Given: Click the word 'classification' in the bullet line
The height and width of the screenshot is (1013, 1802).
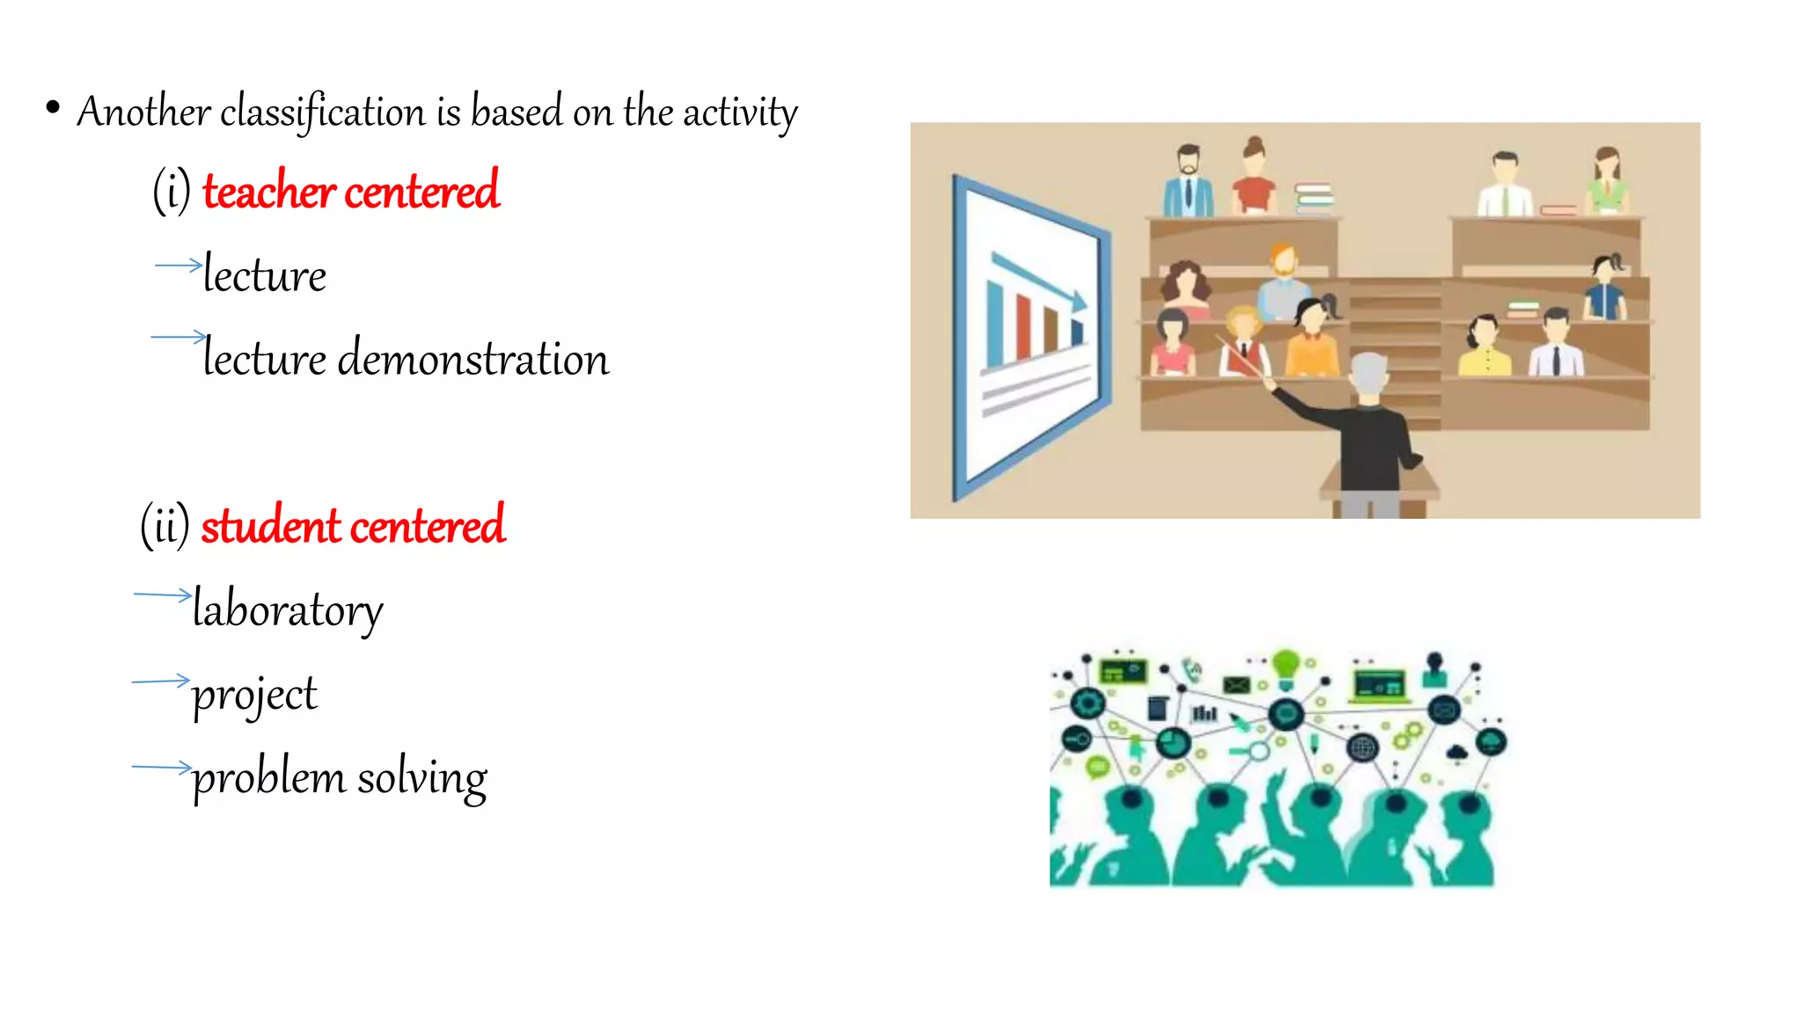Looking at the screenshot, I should tap(322, 113).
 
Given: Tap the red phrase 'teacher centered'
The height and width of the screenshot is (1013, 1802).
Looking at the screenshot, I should tap(350, 191).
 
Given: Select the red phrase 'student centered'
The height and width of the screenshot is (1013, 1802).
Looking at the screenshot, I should tap(352, 526).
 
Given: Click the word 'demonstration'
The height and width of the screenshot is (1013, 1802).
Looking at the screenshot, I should tap(472, 359).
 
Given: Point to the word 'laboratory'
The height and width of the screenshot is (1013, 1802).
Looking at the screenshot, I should tap(288, 609).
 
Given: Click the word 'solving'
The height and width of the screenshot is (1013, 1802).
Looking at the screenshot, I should tap(421, 778).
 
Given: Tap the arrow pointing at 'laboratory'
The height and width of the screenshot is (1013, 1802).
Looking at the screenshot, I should tap(163, 595).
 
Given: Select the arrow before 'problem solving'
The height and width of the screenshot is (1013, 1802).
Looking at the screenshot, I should tap(161, 767).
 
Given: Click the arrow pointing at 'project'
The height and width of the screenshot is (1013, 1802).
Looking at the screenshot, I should tap(161, 681).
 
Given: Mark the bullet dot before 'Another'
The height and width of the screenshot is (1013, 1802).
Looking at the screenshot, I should tap(53, 108).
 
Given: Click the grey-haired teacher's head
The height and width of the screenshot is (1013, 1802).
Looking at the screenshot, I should tap(1368, 374).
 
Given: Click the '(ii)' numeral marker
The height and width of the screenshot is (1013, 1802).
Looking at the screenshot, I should tap(165, 526).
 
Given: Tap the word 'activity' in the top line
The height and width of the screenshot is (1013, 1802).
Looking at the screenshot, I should tap(740, 113).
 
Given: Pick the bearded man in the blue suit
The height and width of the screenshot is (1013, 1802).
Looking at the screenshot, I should tap(1188, 183).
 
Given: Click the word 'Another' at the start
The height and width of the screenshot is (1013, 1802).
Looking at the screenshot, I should tap(143, 113).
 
